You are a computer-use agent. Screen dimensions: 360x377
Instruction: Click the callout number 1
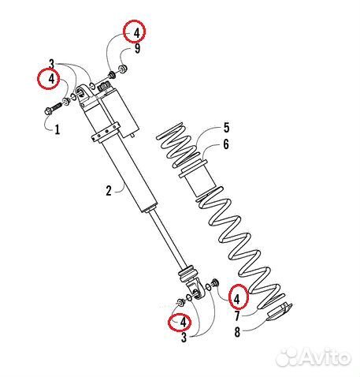coord(58,129)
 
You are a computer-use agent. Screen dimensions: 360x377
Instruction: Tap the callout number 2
coord(109,191)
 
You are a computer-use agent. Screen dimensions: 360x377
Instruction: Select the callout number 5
coord(226,128)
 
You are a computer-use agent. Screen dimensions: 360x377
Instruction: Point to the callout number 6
coord(226,144)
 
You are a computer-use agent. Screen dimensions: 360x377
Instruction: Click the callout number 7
coord(237,315)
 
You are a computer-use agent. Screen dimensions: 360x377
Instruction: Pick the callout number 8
coord(237,332)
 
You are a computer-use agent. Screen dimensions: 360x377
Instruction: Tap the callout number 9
coord(137,49)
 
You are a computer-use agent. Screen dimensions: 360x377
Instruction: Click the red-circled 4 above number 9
coord(135,33)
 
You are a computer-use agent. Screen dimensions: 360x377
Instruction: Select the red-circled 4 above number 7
coord(237,298)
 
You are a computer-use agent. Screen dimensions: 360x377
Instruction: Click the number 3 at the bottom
coord(184,338)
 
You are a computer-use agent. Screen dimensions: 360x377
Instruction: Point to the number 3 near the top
coord(52,64)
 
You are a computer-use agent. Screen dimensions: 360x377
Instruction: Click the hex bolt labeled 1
coord(53,109)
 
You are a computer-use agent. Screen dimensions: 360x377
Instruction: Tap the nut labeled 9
coord(123,69)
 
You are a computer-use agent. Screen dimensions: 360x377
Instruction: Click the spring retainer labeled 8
coord(280,312)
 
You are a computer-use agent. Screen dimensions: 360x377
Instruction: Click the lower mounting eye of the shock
coord(196,289)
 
